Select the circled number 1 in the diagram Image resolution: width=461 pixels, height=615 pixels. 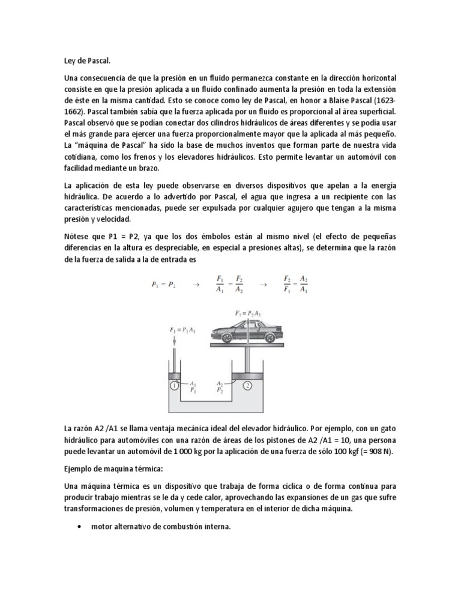coord(173,386)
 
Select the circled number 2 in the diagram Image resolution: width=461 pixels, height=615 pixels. coord(247,386)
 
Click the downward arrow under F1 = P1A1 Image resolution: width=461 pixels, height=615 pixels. coord(173,342)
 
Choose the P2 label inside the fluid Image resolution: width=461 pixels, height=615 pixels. coord(220,389)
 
